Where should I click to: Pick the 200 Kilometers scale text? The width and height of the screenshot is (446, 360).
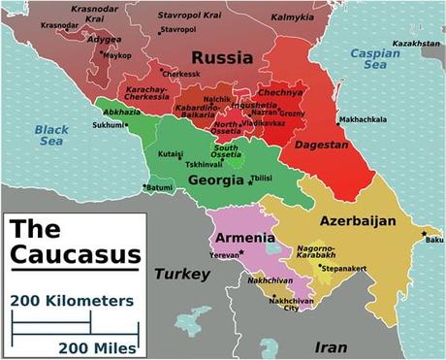coord(73,301)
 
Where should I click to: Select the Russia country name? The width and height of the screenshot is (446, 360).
coord(221,58)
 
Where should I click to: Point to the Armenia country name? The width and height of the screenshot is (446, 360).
coord(242,240)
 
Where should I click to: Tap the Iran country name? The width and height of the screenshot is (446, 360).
coord(332,344)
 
